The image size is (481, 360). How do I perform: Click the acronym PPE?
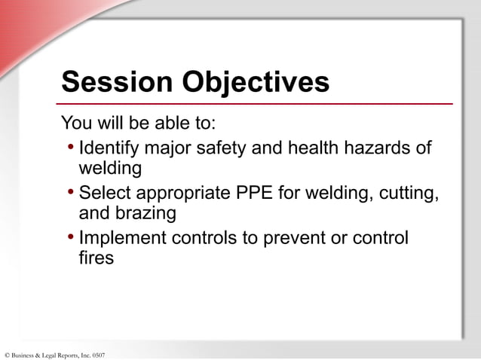click(256, 193)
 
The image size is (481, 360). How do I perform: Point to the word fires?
click(97, 258)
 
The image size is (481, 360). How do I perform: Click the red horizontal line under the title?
click(256, 104)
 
